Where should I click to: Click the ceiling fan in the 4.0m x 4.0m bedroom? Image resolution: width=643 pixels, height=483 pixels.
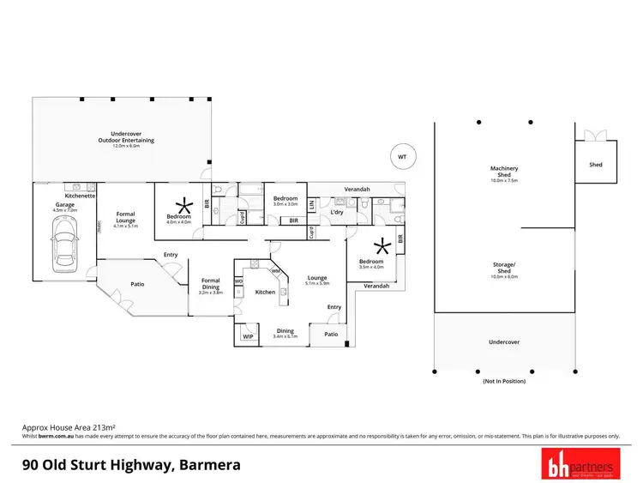coord(182,204)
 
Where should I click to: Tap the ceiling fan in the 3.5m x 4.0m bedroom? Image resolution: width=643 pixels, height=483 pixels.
coord(382,248)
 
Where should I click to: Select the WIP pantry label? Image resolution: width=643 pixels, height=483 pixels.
coord(247,336)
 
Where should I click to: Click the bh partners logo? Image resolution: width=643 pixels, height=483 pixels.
coord(580,464)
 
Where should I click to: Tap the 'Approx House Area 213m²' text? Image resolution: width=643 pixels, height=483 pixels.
coord(68,426)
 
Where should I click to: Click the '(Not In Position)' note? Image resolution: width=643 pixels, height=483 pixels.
coord(503,380)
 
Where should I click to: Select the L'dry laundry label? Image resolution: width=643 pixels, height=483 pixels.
coord(337,212)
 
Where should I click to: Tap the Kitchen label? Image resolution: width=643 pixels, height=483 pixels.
coord(265,293)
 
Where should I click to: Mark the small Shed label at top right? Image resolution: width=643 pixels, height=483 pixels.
coord(595,165)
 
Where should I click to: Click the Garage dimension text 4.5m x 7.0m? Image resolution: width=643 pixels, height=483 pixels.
coord(65,210)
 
